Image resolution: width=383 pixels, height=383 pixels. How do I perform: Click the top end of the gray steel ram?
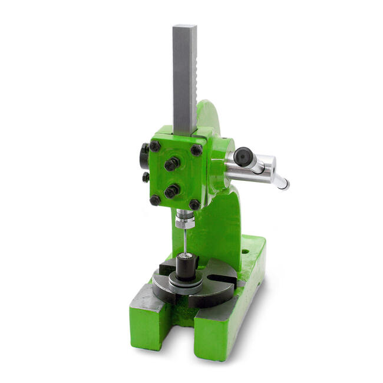pyautogui.click(x=184, y=27)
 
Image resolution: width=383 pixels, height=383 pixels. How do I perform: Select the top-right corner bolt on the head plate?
pyautogui.click(x=196, y=150)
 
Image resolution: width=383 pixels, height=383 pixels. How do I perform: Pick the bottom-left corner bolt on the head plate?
pyautogui.click(x=155, y=200)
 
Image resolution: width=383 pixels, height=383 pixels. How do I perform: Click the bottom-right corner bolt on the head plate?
pyautogui.click(x=194, y=204)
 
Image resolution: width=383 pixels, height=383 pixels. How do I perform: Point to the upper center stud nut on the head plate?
pyautogui.click(x=171, y=164)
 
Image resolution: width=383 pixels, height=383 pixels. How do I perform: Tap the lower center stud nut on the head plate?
pyautogui.click(x=171, y=191)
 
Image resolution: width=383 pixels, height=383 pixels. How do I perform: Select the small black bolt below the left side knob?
pyautogui.click(x=145, y=177)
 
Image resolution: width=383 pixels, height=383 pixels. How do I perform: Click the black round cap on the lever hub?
pyautogui.click(x=242, y=156)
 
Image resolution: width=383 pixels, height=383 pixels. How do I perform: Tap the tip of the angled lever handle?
pyautogui.click(x=285, y=186)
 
